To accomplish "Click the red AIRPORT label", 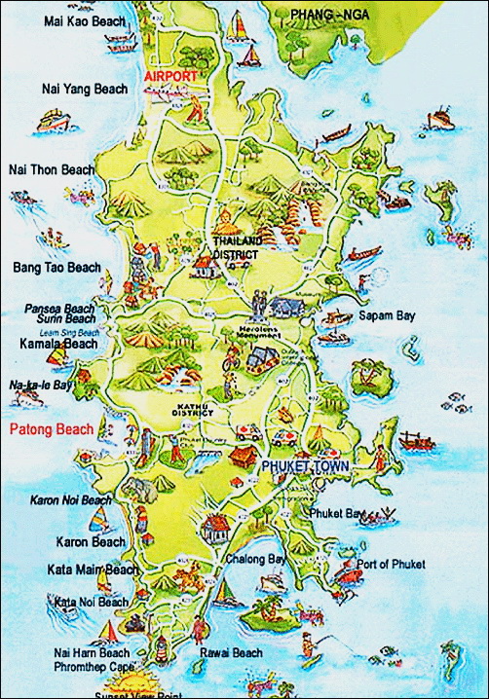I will (x=170, y=75).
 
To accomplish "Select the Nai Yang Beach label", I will (x=85, y=89).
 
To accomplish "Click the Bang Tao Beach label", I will (x=56, y=267).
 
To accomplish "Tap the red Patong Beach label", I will (x=51, y=428).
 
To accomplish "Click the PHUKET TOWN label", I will (x=305, y=466).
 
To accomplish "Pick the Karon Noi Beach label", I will (x=69, y=499).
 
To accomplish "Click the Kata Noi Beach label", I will (x=92, y=602).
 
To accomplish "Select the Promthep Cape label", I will (x=92, y=667).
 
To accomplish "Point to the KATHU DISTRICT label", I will (x=195, y=408).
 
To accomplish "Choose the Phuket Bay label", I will (x=338, y=512).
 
